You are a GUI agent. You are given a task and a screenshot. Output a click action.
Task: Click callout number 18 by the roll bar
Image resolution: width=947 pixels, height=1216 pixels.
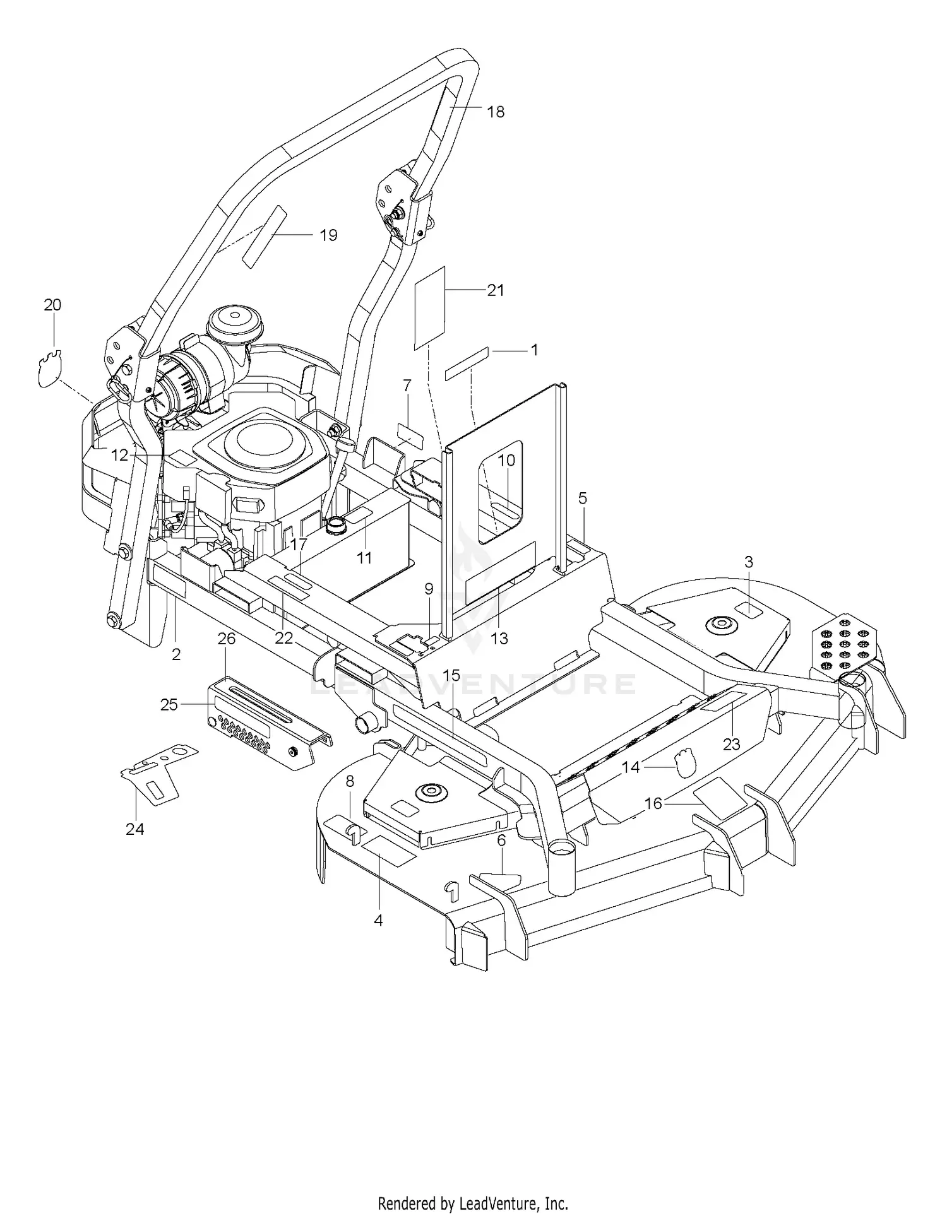tap(496, 112)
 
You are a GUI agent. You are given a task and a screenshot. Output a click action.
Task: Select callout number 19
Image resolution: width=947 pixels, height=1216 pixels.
tap(328, 235)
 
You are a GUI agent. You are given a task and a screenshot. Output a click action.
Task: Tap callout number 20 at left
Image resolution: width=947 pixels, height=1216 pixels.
tap(52, 305)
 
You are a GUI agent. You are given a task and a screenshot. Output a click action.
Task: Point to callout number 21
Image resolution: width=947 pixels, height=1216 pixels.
tap(496, 290)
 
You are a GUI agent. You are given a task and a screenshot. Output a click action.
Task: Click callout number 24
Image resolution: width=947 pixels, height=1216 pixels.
tap(135, 829)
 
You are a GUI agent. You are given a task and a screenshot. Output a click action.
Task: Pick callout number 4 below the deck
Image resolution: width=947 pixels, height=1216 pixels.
tap(378, 921)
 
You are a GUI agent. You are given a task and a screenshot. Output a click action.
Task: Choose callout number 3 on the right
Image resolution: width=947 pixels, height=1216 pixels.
tap(749, 562)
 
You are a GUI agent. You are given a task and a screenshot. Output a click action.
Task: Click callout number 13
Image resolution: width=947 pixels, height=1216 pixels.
tap(499, 639)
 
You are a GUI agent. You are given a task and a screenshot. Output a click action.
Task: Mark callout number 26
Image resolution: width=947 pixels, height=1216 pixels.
tap(226, 639)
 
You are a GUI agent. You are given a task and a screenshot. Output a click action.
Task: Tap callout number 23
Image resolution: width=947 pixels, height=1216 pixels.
tap(731, 745)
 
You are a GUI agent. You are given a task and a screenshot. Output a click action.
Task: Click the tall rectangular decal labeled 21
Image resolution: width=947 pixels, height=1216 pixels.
tap(430, 307)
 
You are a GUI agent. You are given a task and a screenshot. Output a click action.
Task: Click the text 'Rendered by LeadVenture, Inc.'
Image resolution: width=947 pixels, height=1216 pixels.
tap(473, 1203)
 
